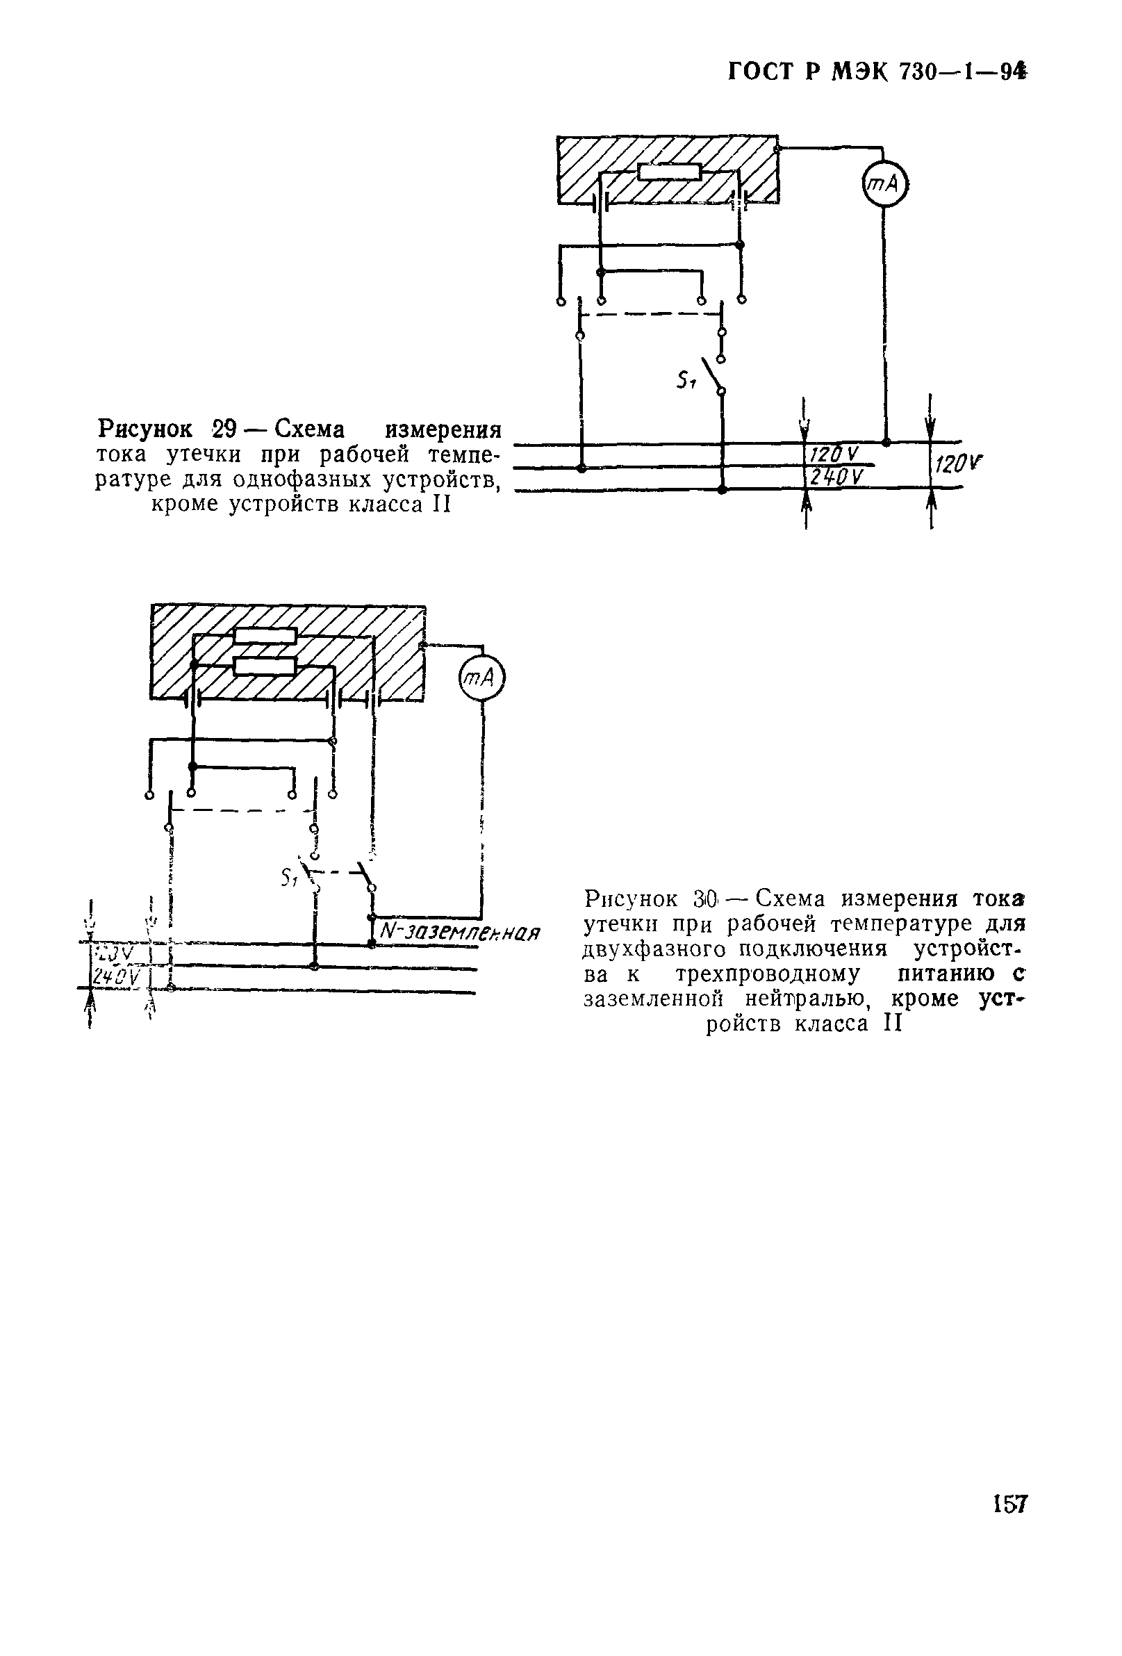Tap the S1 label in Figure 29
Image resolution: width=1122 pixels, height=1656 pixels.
[685, 382]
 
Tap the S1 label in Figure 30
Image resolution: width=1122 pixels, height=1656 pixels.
[289, 878]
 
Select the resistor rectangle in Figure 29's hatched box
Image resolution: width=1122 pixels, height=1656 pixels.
[670, 172]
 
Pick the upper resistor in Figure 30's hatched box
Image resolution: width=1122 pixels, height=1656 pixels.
[265, 636]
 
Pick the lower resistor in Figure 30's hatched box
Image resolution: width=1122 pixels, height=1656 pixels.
[265, 666]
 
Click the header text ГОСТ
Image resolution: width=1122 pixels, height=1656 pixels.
[763, 73]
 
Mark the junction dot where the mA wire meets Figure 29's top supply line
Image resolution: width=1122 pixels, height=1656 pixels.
[886, 443]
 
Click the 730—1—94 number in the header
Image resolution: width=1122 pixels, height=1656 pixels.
[962, 73]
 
